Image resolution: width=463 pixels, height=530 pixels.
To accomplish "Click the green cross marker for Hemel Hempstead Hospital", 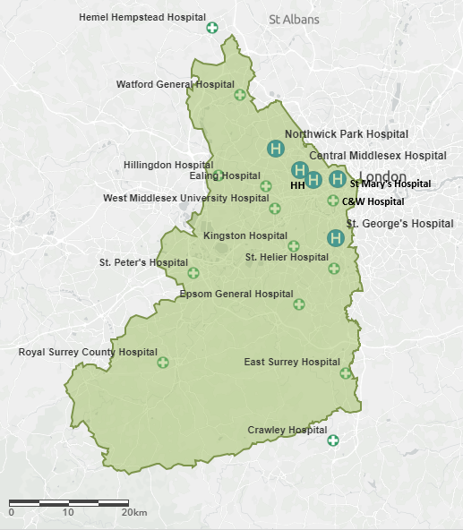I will pos(212,28).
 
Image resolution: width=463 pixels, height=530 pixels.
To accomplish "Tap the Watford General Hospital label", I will pos(175,84).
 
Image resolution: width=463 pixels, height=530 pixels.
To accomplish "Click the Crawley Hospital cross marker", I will pos(332,440).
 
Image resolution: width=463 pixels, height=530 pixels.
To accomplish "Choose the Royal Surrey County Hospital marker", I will pos(163,363).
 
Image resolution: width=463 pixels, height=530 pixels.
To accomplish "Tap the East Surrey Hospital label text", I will pos(292,363).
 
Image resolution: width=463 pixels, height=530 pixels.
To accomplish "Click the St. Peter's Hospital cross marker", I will pos(193,272).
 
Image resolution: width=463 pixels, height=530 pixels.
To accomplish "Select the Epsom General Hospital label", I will pos(236,294).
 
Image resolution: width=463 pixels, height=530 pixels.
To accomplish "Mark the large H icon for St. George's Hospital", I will pos(335,237).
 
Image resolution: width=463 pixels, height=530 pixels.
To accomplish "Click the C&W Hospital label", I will pos(373,201).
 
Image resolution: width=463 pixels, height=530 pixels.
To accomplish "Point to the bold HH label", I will pos(297,185).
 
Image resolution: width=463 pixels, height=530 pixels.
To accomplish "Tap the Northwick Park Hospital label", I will pos(346,133).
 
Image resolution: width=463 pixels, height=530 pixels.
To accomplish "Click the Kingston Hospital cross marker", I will pos(294,246).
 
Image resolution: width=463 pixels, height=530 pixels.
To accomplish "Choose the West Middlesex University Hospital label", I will pos(185,198).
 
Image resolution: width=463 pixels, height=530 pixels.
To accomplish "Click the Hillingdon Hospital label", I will pos(167,165).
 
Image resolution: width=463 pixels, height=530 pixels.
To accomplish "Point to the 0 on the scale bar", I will pos(11,513).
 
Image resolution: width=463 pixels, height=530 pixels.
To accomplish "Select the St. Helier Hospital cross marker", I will pos(334,268).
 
